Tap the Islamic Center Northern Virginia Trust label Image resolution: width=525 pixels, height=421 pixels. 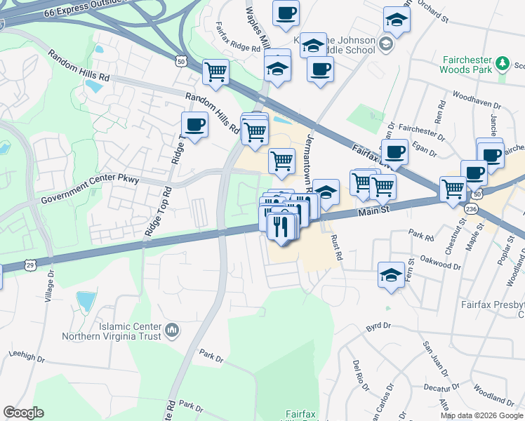pyautogui.click(x=120, y=330)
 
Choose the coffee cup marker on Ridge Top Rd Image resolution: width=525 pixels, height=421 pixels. pyautogui.click(x=194, y=126)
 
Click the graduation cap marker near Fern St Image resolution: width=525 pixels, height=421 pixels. pyautogui.click(x=391, y=274)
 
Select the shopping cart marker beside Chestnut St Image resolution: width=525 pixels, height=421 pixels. pyautogui.click(x=453, y=188)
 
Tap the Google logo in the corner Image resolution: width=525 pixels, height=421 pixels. pyautogui.click(x=23, y=413)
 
